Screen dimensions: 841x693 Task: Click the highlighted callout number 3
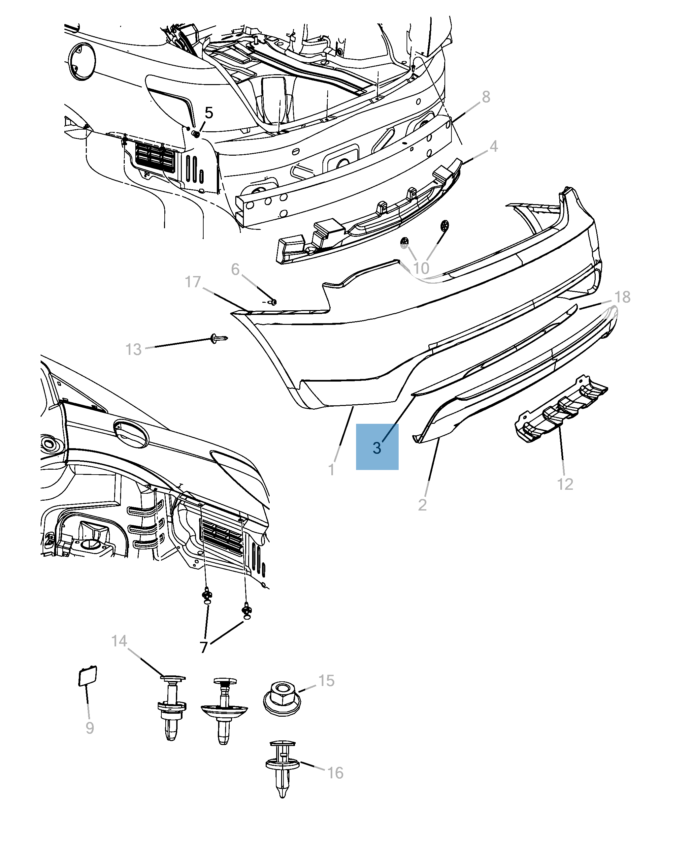[x=377, y=447]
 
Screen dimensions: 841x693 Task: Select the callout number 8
[x=485, y=97]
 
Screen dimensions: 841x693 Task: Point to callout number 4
[x=493, y=146]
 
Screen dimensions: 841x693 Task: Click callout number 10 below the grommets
[x=421, y=268]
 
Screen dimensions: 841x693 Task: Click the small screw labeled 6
[x=273, y=302]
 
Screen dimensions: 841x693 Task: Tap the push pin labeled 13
[x=218, y=339]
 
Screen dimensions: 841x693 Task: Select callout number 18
[x=622, y=297]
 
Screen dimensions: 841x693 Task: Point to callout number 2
[x=422, y=505]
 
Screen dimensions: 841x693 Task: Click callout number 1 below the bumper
[x=331, y=470]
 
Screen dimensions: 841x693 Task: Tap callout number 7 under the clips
[x=204, y=647]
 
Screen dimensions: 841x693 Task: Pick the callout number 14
[x=119, y=641]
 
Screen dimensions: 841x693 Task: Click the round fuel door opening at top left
[x=82, y=61]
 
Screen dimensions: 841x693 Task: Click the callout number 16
[x=335, y=773]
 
